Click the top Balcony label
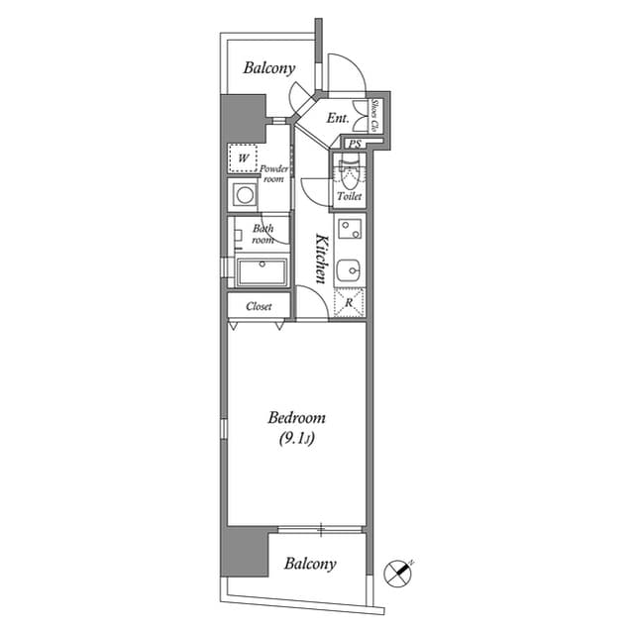coord(269,68)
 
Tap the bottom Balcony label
coord(310,564)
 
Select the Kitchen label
coord(321,260)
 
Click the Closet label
coord(259,307)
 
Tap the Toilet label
coord(349,197)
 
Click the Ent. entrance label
coord(337,119)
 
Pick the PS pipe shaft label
coord(354,145)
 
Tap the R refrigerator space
coord(350,302)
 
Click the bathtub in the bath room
coord(260,271)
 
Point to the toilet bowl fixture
coord(348,172)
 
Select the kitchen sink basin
coord(350,269)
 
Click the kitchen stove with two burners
coord(350,232)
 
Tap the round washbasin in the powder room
coord(243,194)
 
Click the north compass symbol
coord(398,572)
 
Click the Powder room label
coord(274,174)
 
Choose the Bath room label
coord(263,235)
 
